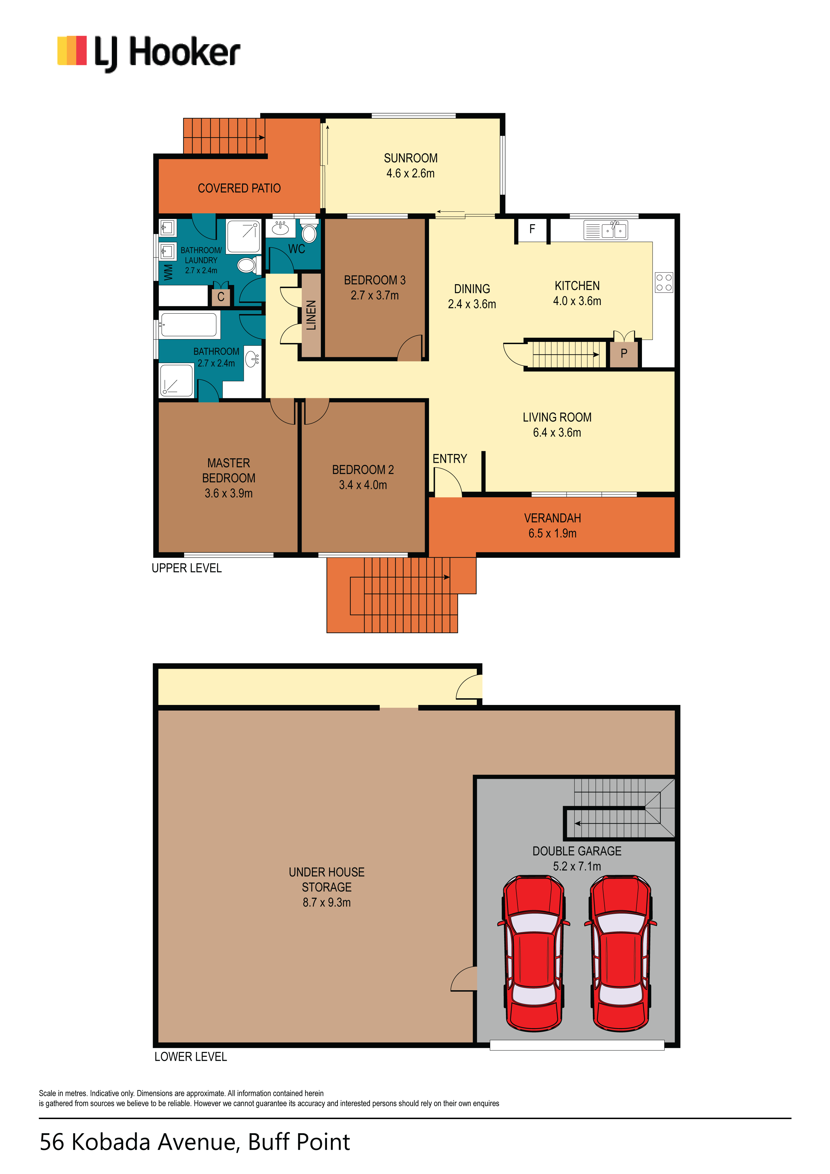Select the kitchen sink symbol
point(606,231)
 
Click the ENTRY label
point(450,459)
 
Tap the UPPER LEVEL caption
point(187,568)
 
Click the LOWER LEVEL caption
point(190,1056)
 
